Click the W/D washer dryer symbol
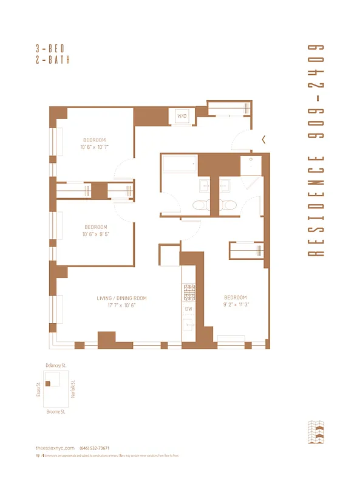pyautogui.click(x=182, y=115)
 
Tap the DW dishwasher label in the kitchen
pyautogui.click(x=188, y=309)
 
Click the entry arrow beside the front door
pyautogui.click(x=263, y=139)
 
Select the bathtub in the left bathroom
pyautogui.click(x=179, y=165)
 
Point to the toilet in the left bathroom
pyautogui.click(x=200, y=205)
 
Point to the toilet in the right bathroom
pyautogui.click(x=229, y=205)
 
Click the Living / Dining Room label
pyautogui.click(x=121, y=298)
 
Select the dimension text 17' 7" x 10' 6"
pyautogui.click(x=121, y=306)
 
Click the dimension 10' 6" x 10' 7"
pyautogui.click(x=94, y=147)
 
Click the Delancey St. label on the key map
pyautogui.click(x=55, y=365)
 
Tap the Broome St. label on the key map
pyautogui.click(x=55, y=411)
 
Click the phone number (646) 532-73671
pyautogui.click(x=94, y=448)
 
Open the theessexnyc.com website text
pyautogui.click(x=55, y=448)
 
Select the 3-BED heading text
pyautogui.click(x=53, y=48)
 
